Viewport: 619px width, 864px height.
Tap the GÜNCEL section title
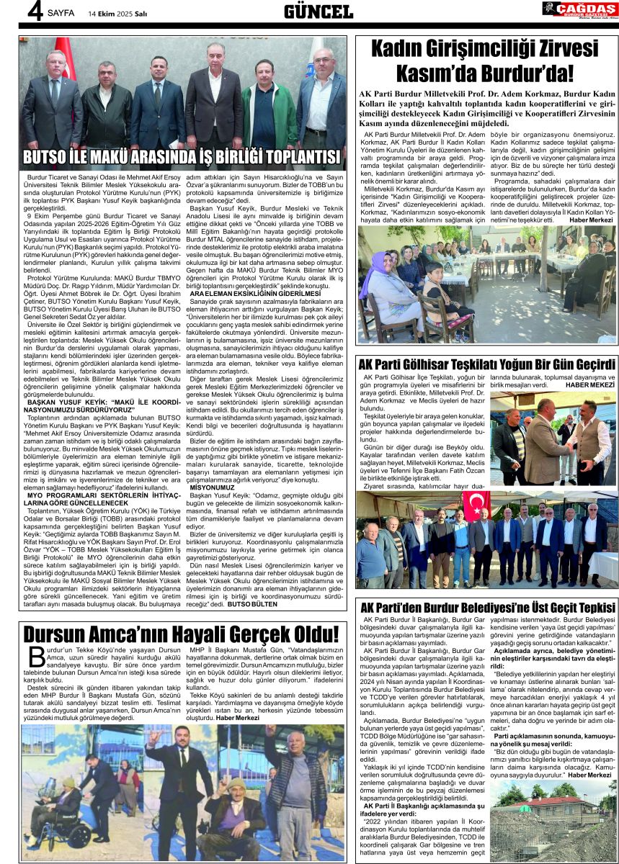click(318, 11)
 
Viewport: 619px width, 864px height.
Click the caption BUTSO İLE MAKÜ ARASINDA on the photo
click(182, 158)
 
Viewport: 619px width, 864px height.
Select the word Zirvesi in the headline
click(550, 50)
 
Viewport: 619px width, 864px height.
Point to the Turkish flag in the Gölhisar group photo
click(476, 505)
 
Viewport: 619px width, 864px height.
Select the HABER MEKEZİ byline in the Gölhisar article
click(589, 385)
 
